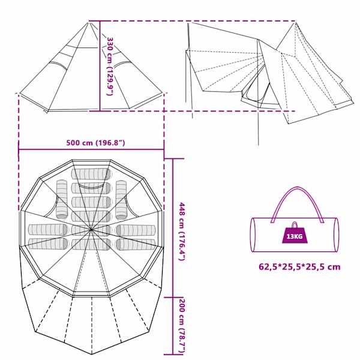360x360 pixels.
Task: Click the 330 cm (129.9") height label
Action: coord(110,66)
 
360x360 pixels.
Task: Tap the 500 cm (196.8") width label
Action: coord(95,143)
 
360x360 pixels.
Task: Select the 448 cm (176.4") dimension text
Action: coord(182,232)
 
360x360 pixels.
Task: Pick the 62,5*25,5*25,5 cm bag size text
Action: coord(299,267)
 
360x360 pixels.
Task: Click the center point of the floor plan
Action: coord(91,229)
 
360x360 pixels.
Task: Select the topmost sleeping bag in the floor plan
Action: coord(91,174)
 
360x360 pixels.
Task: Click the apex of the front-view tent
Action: coord(89,22)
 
